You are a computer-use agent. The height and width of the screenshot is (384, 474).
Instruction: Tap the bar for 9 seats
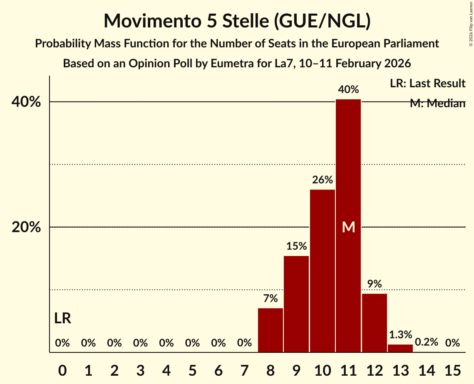296,304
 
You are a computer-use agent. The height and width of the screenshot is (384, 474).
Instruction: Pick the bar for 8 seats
271,330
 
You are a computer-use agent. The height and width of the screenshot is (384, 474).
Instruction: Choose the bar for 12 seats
375,323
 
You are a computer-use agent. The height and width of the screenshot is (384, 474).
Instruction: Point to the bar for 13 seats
400,348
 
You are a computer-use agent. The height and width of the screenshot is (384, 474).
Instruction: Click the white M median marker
348,227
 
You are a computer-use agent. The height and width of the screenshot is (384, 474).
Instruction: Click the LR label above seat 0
62,319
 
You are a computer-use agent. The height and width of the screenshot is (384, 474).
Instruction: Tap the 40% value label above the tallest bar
348,89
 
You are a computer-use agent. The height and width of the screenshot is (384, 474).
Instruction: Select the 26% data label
323,180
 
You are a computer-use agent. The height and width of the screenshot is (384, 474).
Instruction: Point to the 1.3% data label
400,335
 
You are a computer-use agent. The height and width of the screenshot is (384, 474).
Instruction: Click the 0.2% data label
427,342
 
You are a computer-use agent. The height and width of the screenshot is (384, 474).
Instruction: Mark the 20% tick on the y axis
26,227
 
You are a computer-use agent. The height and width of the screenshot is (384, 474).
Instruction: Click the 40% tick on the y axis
26,102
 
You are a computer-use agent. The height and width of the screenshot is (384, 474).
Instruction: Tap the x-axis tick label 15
452,369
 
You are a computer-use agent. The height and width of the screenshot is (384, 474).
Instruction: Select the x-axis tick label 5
192,369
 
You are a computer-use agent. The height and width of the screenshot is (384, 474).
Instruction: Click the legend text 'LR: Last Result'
427,84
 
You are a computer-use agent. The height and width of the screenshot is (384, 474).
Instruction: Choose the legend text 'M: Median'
437,103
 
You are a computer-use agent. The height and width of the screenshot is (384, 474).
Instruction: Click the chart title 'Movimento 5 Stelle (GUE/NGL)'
237,21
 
